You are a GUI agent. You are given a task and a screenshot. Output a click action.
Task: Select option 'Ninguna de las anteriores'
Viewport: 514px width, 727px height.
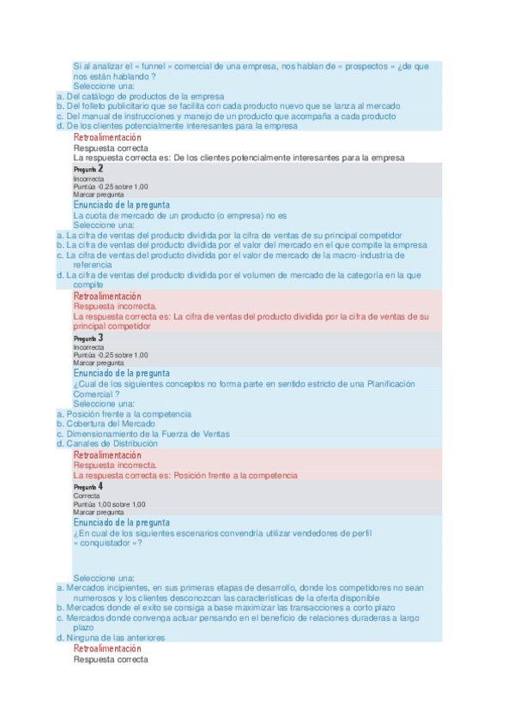pyautogui.click(x=115, y=638)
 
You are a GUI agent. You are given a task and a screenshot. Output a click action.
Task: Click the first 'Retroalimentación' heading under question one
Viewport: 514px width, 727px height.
pyautogui.click(x=107, y=137)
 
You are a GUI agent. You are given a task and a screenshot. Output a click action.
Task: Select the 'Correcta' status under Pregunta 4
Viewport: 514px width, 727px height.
pyautogui.click(x=87, y=496)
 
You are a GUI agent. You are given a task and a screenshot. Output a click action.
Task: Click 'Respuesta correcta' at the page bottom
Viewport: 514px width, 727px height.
pyautogui.click(x=111, y=659)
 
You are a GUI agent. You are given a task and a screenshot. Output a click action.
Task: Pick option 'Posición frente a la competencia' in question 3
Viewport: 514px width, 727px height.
pyautogui.click(x=129, y=414)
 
